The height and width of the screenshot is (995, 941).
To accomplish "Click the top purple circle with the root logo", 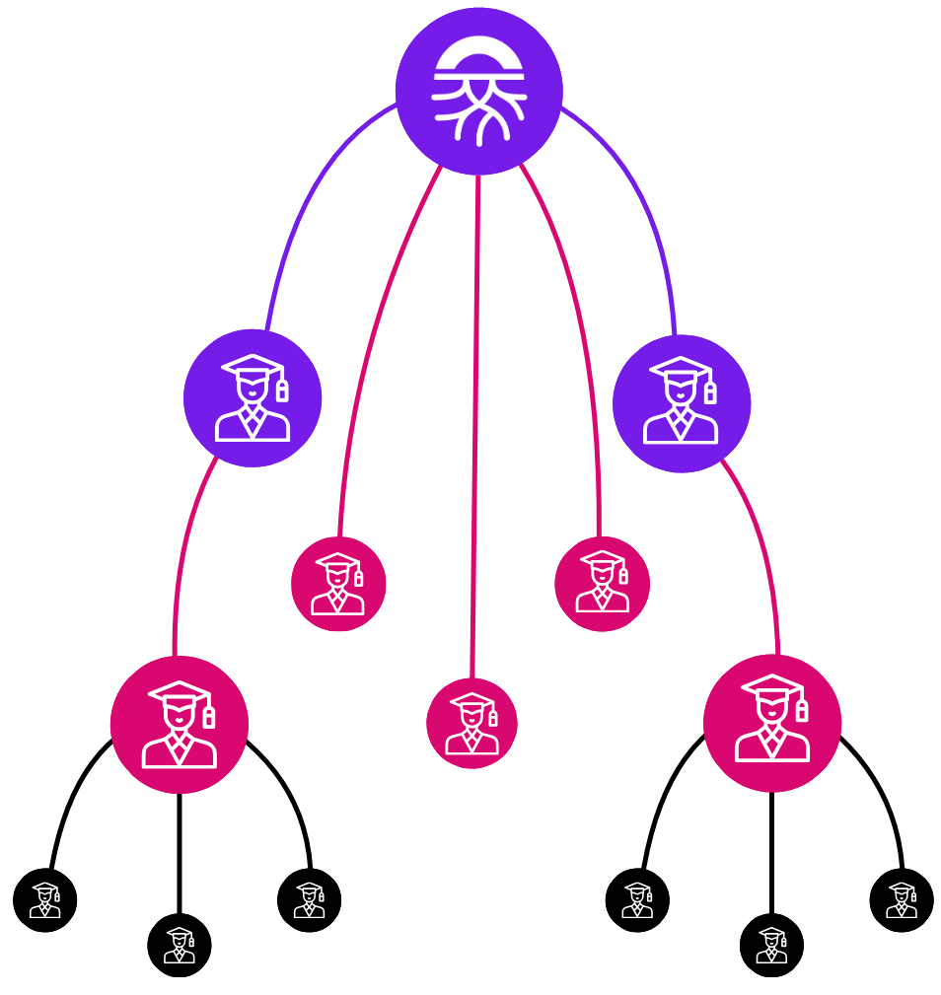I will click(x=479, y=91).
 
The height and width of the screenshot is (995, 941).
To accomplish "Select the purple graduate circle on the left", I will click(x=253, y=397).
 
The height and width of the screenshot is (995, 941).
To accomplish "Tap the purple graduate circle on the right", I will click(x=682, y=403).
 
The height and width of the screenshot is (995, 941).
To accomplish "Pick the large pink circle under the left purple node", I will click(x=180, y=725).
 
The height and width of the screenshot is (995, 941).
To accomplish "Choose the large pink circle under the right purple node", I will click(x=772, y=723).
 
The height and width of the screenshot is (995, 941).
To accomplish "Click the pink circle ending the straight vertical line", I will click(x=471, y=723).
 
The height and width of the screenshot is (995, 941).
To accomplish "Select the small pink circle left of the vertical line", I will click(x=338, y=584).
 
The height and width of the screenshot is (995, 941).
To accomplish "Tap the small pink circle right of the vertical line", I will click(x=602, y=584).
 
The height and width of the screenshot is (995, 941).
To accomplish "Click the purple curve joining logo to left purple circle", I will click(x=306, y=197).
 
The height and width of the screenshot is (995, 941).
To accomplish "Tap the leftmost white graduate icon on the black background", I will click(x=45, y=900).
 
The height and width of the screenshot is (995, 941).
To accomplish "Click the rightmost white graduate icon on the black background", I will click(x=902, y=900).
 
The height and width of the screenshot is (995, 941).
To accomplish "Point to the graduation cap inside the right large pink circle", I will click(x=772, y=686).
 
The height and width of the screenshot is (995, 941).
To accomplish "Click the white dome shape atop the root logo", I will click(x=479, y=54).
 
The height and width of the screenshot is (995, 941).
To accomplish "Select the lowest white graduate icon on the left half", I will click(x=180, y=946).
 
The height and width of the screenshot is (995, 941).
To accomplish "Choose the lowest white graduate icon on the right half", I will click(x=771, y=946).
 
